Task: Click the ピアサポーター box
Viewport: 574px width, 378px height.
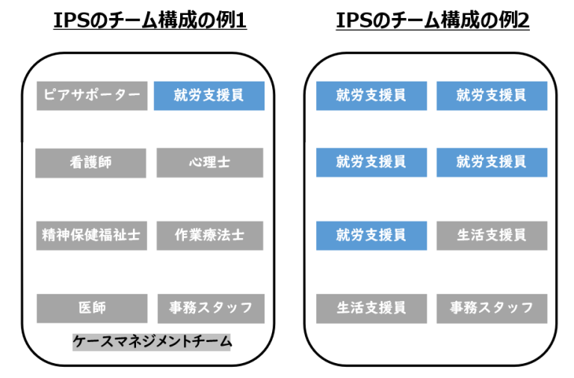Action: pos(92,96)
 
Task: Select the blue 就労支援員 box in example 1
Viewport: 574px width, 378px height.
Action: pos(209,96)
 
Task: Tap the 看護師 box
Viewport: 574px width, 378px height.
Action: pos(91,162)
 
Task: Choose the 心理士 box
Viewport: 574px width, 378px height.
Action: pos(209,162)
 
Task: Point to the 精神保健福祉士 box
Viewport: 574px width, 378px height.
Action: pos(92,235)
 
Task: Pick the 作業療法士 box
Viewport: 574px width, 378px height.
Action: pos(209,235)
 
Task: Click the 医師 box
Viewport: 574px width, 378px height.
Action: pos(92,308)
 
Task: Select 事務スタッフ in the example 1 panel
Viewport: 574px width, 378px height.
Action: pos(210,308)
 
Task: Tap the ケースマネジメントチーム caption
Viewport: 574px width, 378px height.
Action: pos(152,342)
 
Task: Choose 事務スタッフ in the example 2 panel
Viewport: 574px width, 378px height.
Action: pos(492,308)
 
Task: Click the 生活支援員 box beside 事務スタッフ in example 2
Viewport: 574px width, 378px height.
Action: pos(371,308)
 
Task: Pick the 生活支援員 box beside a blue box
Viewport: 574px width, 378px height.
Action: pos(492,235)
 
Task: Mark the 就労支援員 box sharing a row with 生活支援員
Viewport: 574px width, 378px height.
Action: pos(371,235)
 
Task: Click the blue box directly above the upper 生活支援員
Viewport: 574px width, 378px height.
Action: pos(492,162)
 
